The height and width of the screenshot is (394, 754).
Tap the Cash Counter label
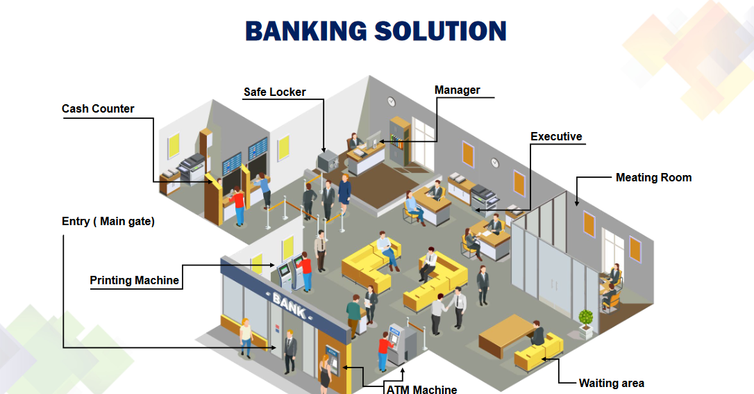[x=98, y=108]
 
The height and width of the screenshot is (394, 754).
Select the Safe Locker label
[x=274, y=92]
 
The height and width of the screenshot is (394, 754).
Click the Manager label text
[x=457, y=90]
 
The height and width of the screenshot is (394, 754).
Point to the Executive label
[x=556, y=136]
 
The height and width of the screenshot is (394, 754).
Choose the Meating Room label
[x=653, y=177]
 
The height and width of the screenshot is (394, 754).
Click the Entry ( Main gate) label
[x=108, y=221]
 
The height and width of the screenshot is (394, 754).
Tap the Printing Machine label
[x=135, y=280]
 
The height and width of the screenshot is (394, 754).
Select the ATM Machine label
[x=421, y=389]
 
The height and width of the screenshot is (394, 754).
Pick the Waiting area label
[x=611, y=383]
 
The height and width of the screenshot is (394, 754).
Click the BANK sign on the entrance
[x=289, y=304]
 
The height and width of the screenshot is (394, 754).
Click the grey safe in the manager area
[x=326, y=161]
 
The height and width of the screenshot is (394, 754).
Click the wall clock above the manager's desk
[x=391, y=101]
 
